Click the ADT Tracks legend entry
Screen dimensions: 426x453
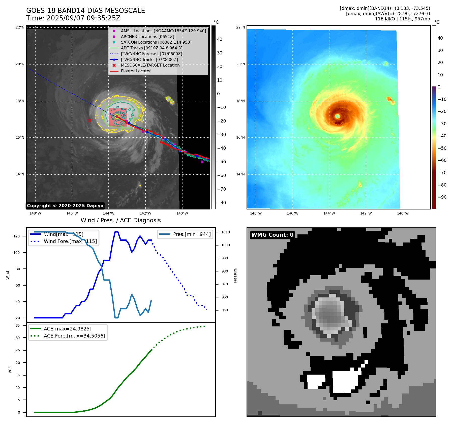(151, 48)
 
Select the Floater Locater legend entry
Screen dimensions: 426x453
(136, 71)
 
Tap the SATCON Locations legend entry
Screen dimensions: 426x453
(156, 42)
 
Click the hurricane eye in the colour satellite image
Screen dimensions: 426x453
(338, 116)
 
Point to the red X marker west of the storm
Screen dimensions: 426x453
(89, 120)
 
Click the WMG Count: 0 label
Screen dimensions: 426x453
(272, 235)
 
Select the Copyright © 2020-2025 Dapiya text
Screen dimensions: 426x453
(65, 206)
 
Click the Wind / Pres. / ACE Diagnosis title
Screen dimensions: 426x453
(120, 220)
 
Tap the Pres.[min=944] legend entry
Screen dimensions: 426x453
(192, 234)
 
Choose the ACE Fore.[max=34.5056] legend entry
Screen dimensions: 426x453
(74, 336)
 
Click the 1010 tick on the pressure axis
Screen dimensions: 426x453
(226, 232)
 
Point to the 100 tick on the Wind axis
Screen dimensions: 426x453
(17, 253)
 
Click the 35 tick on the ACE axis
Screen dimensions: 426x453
(18, 325)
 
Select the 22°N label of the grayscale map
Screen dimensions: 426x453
(20, 27)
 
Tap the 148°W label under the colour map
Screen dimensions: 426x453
(256, 213)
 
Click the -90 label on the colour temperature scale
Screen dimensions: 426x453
(442, 197)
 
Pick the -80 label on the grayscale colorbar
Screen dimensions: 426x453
(222, 203)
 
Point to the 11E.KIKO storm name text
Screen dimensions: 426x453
(385, 19)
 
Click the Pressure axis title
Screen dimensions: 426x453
(235, 275)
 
